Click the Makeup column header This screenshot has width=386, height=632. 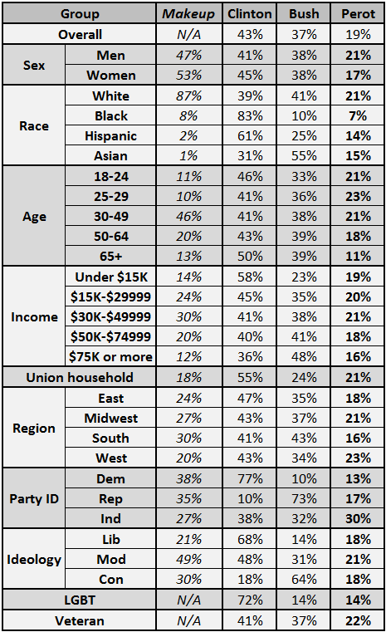coord(188,14)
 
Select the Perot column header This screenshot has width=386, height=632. coord(359,14)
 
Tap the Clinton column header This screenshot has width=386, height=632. coord(250,14)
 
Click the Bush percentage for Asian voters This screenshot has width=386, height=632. coord(304,156)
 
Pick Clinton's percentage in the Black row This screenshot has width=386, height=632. coord(250,116)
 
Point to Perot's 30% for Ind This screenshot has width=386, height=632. coord(359,519)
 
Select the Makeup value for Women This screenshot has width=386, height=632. coord(188,76)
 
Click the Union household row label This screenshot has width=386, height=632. coord(80,377)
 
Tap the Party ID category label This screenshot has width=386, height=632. coord(34,498)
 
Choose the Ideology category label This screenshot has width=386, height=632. coord(34,560)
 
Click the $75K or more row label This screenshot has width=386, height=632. coord(110,357)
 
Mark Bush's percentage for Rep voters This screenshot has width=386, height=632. coord(304,498)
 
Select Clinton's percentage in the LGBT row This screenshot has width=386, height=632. coord(250,600)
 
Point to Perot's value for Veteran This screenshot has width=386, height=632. coord(359,620)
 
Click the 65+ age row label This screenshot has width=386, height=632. coord(110,257)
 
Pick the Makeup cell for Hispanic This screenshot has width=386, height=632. coord(188,136)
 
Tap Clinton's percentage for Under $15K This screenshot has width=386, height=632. coord(250,277)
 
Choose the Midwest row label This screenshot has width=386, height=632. coord(110,419)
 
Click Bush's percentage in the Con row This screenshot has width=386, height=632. coord(304,580)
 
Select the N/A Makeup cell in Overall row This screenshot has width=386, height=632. coord(188,35)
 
